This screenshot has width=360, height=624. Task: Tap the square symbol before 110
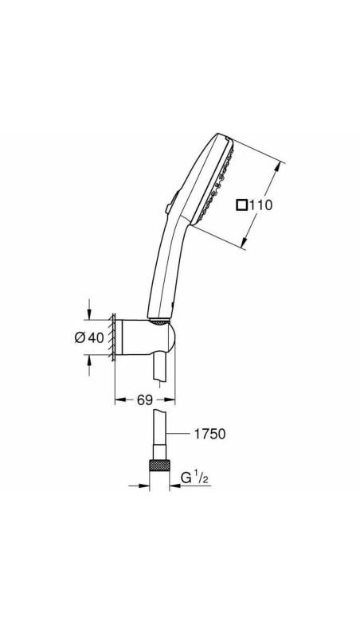pyautogui.click(x=241, y=205)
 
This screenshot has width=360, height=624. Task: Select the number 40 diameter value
pyautogui.click(x=96, y=337)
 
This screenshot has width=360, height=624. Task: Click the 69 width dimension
pyautogui.click(x=144, y=400)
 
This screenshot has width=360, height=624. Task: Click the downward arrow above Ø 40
pyautogui.click(x=88, y=312)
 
